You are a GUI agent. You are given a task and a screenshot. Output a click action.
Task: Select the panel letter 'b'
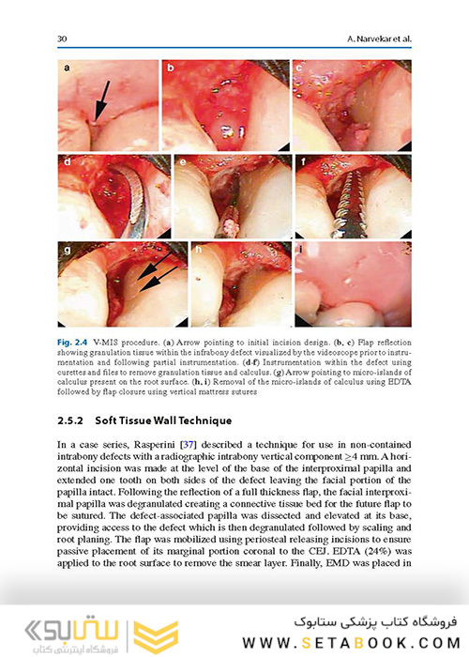pos(172,69)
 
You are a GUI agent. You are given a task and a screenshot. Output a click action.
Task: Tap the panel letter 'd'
pos(68,161)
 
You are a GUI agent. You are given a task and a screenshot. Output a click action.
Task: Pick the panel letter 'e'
pos(183,161)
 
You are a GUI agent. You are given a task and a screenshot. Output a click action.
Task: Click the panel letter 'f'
pos(303,161)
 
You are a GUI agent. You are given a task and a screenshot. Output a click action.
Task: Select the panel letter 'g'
pos(68,251)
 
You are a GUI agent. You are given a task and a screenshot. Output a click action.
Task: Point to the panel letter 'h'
pos(196,251)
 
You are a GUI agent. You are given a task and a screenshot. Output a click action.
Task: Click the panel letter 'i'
pos(300,251)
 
